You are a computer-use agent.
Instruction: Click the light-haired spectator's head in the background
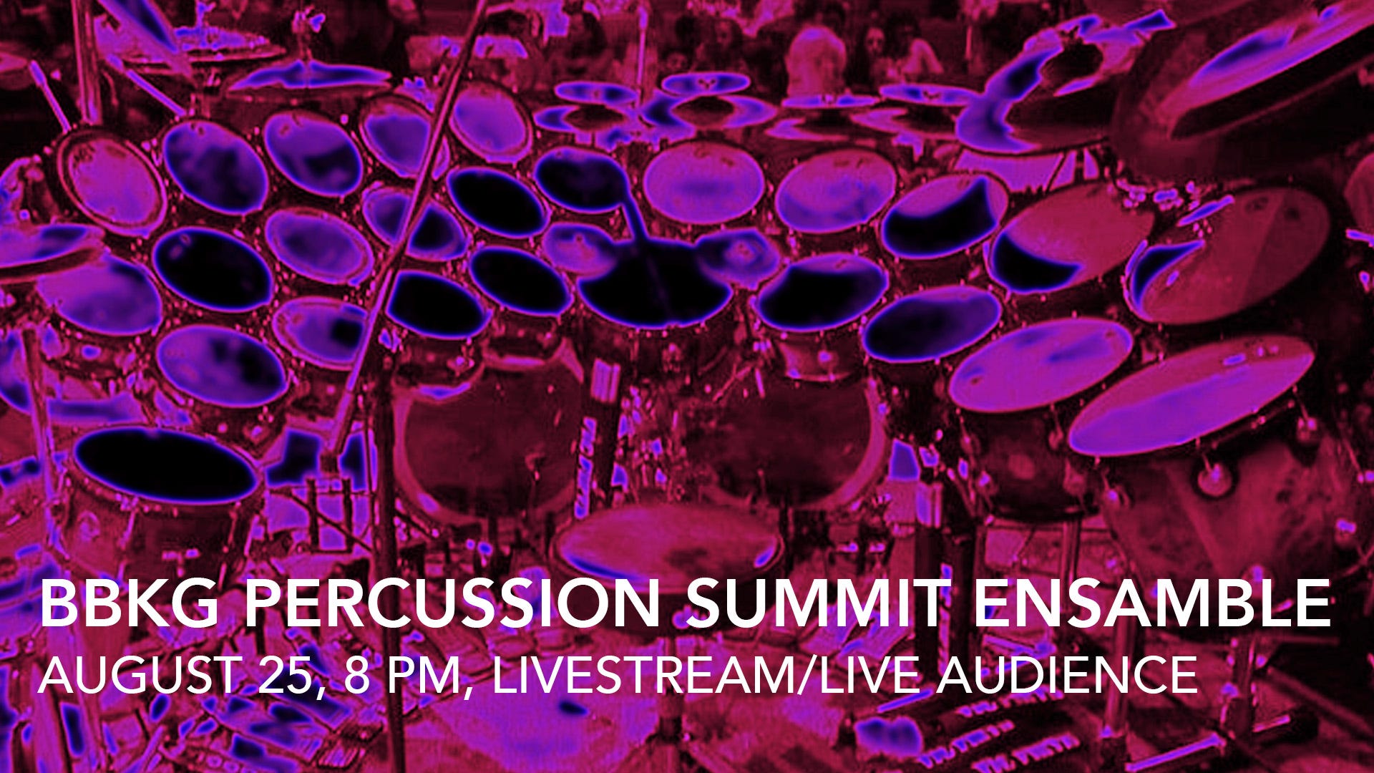(x=816, y=54)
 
